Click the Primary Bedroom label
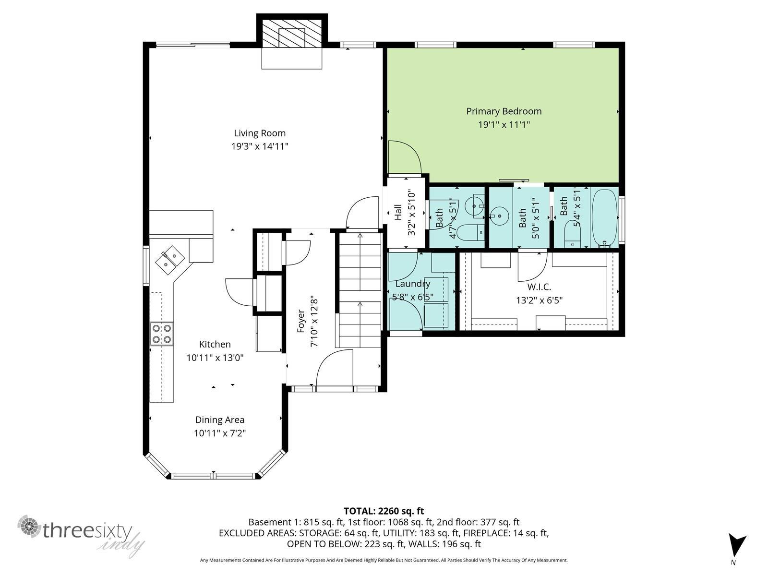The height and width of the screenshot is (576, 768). [x=504, y=111]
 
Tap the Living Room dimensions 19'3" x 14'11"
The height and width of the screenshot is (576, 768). [x=260, y=146]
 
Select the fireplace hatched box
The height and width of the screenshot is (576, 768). [x=292, y=33]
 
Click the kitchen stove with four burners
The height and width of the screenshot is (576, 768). [x=162, y=334]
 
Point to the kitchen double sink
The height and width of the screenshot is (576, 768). [x=170, y=259]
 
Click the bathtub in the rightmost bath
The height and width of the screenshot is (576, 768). [x=604, y=218]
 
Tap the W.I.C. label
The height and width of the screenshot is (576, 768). [x=539, y=287]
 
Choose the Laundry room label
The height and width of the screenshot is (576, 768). [x=412, y=284]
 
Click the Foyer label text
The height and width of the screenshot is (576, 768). [x=300, y=321]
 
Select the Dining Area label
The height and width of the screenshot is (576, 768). [x=220, y=420]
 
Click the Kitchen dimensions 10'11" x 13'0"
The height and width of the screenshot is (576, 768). [x=215, y=358]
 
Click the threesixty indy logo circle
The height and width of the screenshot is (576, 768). [x=29, y=526]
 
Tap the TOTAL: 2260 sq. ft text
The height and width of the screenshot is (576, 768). [x=384, y=511]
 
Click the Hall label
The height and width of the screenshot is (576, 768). [x=398, y=212]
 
